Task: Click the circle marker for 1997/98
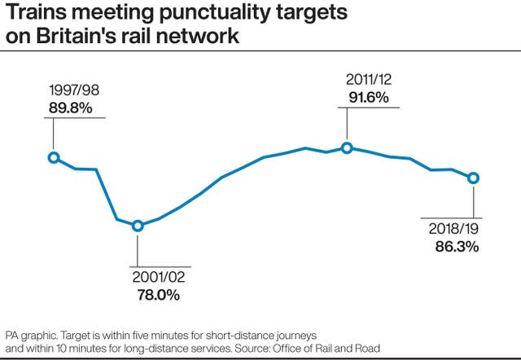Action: click(x=54, y=157)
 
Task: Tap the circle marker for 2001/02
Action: click(x=138, y=226)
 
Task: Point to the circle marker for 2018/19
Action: click(x=473, y=178)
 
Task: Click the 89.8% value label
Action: click(x=70, y=106)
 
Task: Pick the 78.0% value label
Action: click(x=158, y=295)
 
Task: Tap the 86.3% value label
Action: click(x=456, y=245)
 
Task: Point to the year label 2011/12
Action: click(x=366, y=80)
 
